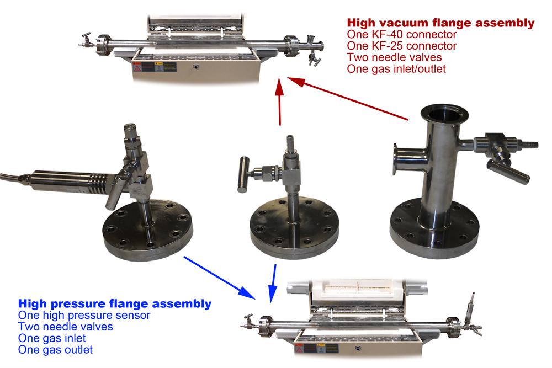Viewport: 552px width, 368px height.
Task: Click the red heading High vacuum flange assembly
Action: click(x=440, y=23)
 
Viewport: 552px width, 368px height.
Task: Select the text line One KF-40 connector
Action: click(x=402, y=34)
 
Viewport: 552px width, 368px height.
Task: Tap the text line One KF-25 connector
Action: click(x=402, y=46)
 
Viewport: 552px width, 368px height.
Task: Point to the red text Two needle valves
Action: click(x=394, y=57)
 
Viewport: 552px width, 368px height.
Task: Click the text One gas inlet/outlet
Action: click(x=396, y=69)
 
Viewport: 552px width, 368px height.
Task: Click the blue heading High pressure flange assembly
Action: click(x=115, y=303)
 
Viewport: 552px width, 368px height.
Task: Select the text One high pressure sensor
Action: click(x=84, y=315)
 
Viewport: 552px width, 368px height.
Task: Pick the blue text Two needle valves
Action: click(x=66, y=327)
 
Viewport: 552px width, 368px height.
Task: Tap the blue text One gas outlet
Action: click(x=55, y=350)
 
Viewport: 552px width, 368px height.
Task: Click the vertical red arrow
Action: click(x=279, y=102)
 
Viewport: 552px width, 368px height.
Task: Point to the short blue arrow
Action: click(x=273, y=283)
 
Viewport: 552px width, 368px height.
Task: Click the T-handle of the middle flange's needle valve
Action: click(x=243, y=174)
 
